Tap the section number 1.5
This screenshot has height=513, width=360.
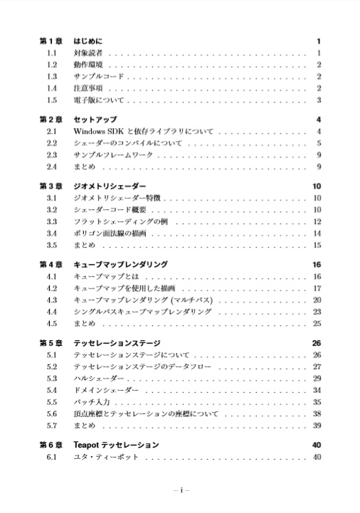click(52, 100)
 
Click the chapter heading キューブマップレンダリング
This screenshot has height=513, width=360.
click(121, 265)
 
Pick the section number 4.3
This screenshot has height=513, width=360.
click(52, 300)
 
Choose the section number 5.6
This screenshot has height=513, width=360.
click(52, 413)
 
